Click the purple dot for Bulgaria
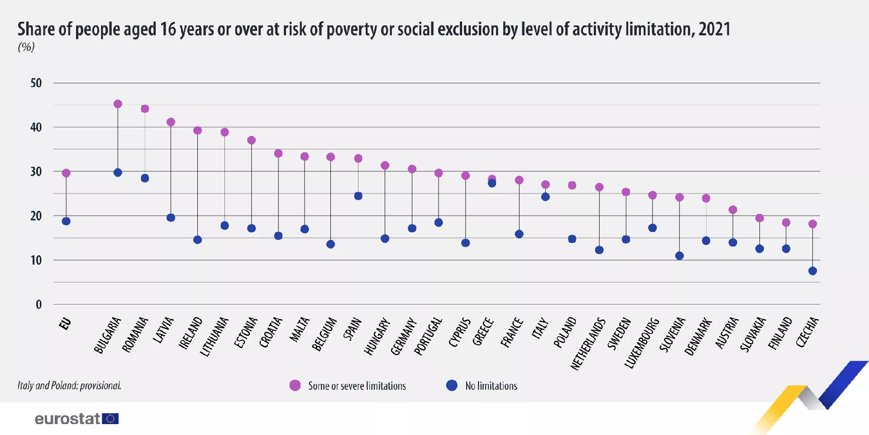tap(118, 104)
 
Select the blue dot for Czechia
tap(812, 271)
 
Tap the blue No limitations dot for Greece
tap(492, 183)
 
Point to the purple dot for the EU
tap(66, 173)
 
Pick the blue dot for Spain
tap(358, 196)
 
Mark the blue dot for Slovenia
tap(679, 256)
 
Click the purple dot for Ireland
tap(197, 130)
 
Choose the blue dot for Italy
tap(545, 197)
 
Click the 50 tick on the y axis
tap(36, 83)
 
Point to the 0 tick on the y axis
tap(39, 304)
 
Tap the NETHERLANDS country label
tap(587, 343)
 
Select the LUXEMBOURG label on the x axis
tap(641, 343)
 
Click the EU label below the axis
tap(65, 324)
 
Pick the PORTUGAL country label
tap(428, 336)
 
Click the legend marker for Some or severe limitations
tap(295, 386)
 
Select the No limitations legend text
tap(491, 386)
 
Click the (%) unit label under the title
tap(26, 47)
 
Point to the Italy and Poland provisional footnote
tap(69, 386)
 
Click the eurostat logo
tap(76, 419)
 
